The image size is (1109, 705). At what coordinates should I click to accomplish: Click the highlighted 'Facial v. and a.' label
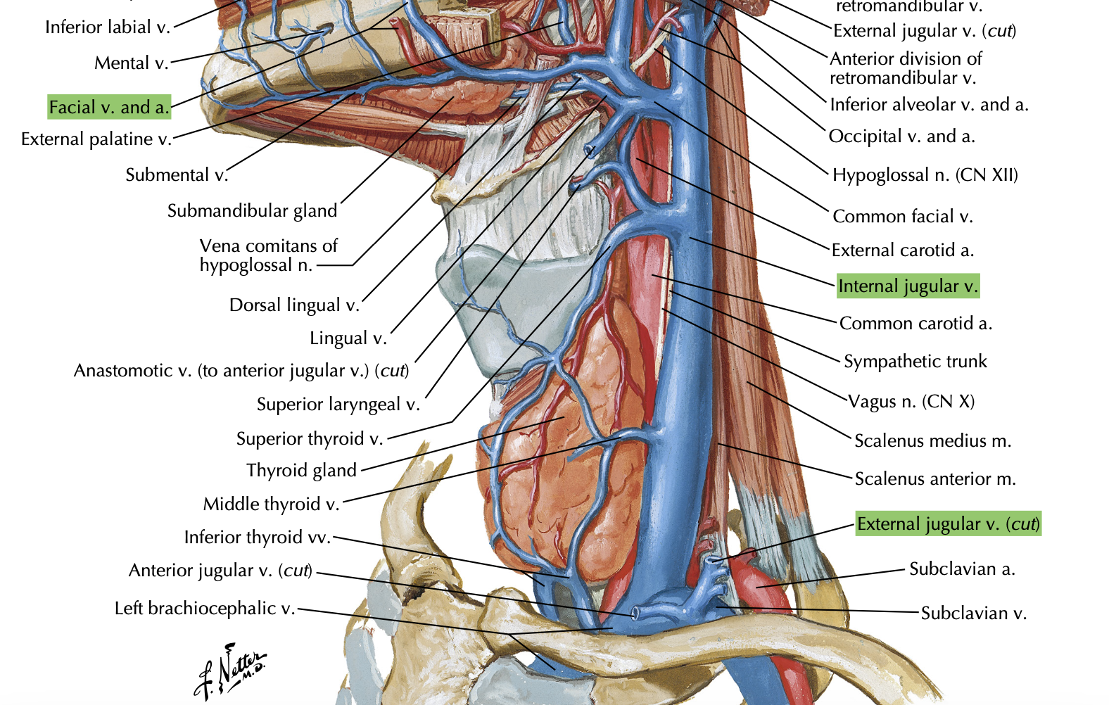[109, 107]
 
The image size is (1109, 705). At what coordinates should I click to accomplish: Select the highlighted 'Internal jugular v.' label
[908, 286]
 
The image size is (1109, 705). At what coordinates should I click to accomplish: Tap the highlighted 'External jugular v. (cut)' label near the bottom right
[948, 524]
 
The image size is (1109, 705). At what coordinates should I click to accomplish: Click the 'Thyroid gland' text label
[301, 470]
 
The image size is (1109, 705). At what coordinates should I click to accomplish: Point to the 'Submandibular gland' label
[252, 210]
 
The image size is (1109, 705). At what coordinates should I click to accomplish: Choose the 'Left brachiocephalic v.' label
[205, 608]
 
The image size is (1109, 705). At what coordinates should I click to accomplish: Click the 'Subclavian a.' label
[962, 569]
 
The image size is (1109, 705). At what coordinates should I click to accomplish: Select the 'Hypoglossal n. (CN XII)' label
[925, 174]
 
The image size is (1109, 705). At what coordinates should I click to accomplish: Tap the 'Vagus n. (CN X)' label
[911, 401]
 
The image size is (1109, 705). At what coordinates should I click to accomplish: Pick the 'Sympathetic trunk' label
[915, 361]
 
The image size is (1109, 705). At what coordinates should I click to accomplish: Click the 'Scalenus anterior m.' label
[935, 478]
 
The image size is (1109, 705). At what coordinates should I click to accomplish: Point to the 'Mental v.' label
[132, 63]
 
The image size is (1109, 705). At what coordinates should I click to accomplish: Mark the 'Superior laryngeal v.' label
[338, 404]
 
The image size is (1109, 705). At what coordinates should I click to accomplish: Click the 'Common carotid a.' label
[915, 323]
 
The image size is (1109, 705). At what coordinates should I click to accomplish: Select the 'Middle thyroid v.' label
[271, 504]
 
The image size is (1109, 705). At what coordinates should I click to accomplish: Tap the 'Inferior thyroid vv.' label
[257, 537]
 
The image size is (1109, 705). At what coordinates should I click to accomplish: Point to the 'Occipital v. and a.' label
[901, 136]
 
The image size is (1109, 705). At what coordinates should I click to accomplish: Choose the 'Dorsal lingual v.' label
[294, 305]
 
